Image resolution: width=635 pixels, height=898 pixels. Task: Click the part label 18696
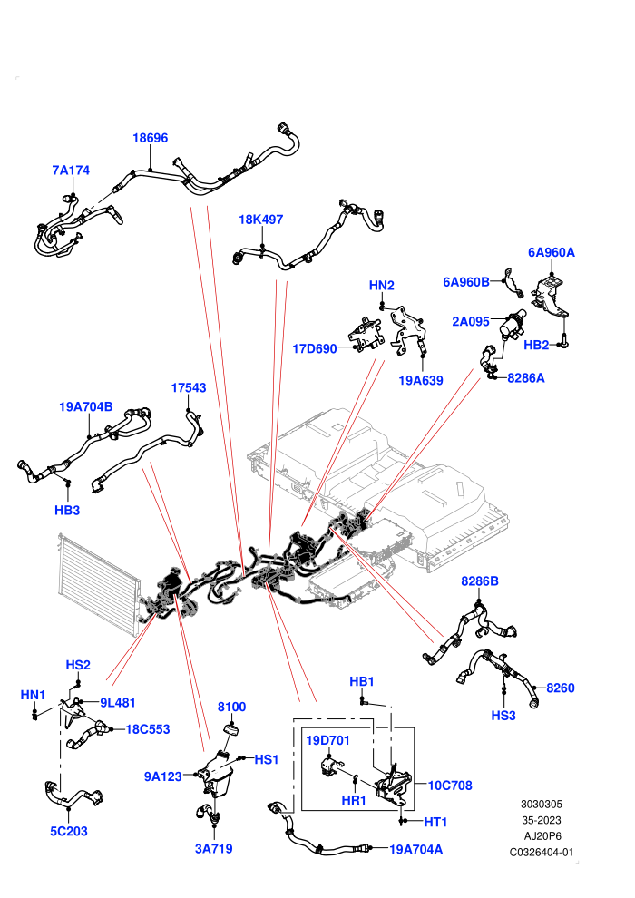150,138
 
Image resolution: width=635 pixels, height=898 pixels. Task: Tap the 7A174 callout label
71,171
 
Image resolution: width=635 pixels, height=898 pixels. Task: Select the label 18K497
260,220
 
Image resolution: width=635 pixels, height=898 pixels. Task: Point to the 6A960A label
552,252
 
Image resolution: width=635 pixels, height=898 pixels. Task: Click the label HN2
381,285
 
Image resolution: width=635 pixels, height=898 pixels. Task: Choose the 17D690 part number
315,349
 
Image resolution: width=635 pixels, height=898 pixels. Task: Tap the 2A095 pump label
471,321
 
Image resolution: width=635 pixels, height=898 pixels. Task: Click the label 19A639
421,380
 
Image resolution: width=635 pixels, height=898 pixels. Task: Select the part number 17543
189,387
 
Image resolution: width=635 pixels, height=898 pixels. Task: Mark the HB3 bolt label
67,510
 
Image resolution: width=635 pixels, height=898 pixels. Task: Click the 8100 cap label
232,707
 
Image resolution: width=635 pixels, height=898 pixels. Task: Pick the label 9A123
163,776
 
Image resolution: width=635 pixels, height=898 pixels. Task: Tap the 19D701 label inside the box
327,740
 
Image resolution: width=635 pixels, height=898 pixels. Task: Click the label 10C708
450,786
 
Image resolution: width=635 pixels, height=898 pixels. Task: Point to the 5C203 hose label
69,831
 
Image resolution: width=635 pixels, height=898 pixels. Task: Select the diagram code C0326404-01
541,852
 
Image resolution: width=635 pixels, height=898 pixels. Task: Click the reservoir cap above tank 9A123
230,732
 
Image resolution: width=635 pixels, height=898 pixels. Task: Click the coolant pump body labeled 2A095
513,325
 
